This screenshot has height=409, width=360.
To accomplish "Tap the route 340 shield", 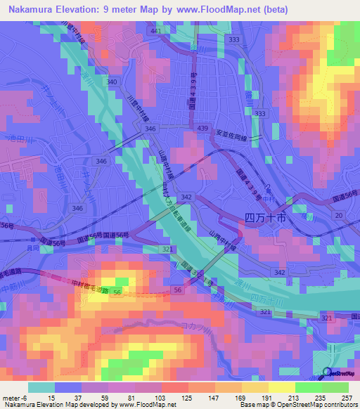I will [111, 82].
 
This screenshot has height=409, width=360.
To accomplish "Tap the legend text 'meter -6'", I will [15, 397].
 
